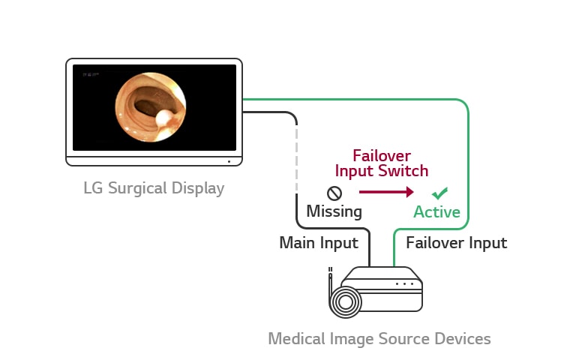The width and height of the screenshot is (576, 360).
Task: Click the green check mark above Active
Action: click(440, 193)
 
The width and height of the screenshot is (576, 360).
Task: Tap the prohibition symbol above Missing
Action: click(334, 193)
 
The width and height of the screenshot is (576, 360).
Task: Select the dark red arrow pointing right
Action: click(386, 192)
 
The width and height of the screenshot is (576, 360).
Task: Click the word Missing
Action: click(334, 211)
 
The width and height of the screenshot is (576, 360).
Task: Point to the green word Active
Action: click(437, 212)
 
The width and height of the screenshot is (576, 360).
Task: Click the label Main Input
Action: click(319, 243)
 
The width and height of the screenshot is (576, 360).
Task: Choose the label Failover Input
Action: click(456, 243)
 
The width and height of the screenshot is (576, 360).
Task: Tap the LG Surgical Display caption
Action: click(154, 187)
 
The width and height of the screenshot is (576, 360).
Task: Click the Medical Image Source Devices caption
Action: click(379, 339)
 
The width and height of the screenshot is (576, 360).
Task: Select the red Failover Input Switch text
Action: click(382, 163)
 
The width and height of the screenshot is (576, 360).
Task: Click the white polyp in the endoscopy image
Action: click(163, 118)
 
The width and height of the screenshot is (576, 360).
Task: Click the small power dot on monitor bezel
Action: click(229, 160)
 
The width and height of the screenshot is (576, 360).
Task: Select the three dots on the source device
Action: click(405, 284)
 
